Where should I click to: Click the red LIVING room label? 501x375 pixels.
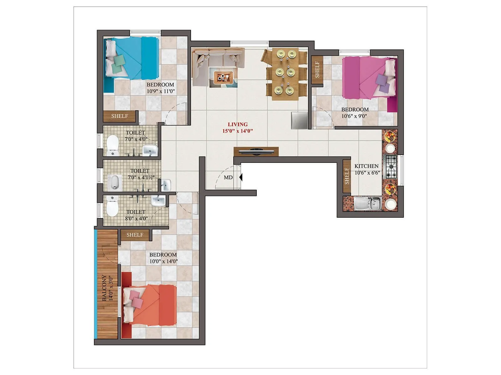[x=238, y=124]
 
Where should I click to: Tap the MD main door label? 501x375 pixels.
[x=228, y=177]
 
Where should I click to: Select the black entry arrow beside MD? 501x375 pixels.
[x=240, y=177]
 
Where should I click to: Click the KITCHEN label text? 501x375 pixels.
[x=366, y=166]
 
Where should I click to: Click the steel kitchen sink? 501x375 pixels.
[x=368, y=204]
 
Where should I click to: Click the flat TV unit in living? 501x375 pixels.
[x=256, y=152]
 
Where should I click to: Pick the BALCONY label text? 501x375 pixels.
[x=104, y=288]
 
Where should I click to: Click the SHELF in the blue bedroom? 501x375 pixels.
[x=120, y=116]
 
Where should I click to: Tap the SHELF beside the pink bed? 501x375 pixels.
[x=317, y=70]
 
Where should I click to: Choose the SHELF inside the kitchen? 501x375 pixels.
[x=347, y=176]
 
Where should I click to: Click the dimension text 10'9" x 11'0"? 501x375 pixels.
[x=161, y=91]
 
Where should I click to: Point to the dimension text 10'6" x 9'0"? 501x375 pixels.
[x=354, y=116]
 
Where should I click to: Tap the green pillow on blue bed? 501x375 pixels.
[x=118, y=60]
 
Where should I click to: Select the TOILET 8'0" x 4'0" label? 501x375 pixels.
[x=136, y=215]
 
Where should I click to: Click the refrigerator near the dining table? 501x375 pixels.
[x=299, y=120]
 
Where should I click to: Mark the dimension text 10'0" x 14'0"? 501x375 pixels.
[x=163, y=261]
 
